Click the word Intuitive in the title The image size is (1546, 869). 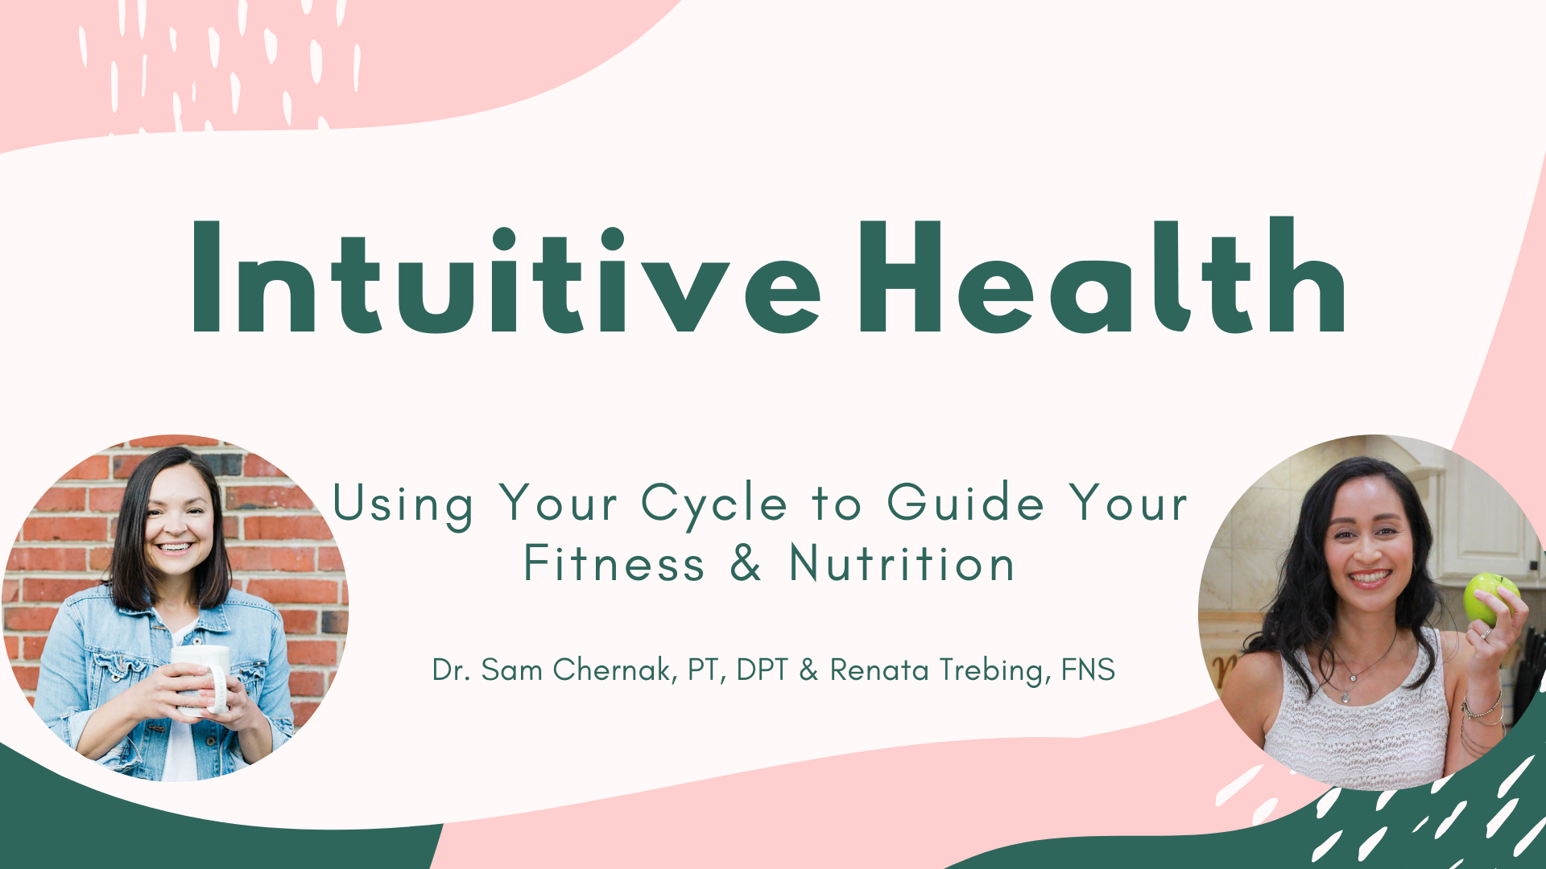tap(506, 277)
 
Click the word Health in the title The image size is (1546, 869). tap(1102, 275)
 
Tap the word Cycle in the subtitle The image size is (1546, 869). tap(714, 505)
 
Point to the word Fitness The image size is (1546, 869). tap(614, 563)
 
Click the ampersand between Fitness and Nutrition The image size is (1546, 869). tap(746, 563)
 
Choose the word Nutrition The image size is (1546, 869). tap(902, 563)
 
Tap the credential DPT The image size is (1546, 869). tap(762, 669)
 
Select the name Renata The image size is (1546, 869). tap(879, 669)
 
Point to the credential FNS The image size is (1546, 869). tap(1088, 669)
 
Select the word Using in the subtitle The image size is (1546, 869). tap(403, 505)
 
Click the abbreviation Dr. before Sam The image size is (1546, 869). tap(451, 669)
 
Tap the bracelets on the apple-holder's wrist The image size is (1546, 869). tap(1482, 708)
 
